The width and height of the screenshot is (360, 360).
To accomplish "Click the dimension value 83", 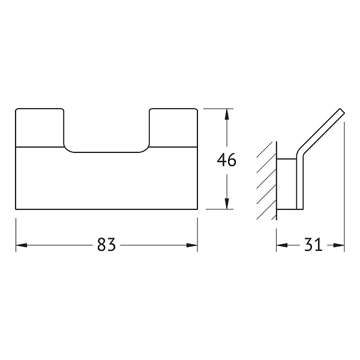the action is tap(106, 245).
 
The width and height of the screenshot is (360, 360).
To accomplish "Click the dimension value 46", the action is tap(226, 160).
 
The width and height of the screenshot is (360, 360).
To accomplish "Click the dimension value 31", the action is tap(313, 245).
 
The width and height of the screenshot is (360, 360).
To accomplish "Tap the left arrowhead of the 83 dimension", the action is tap(22, 245).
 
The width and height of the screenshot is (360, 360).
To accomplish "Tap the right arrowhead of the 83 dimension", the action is tap(192, 245).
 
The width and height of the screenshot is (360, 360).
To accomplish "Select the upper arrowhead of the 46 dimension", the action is tap(227, 114).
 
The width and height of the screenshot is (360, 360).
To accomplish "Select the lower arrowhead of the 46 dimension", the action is tap(227, 203).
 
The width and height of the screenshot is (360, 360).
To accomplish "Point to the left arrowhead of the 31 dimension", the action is tap(282, 245).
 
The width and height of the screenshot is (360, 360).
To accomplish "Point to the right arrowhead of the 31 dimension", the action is tap(339, 245).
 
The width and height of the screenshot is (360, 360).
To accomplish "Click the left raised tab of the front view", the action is tap(40, 127).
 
